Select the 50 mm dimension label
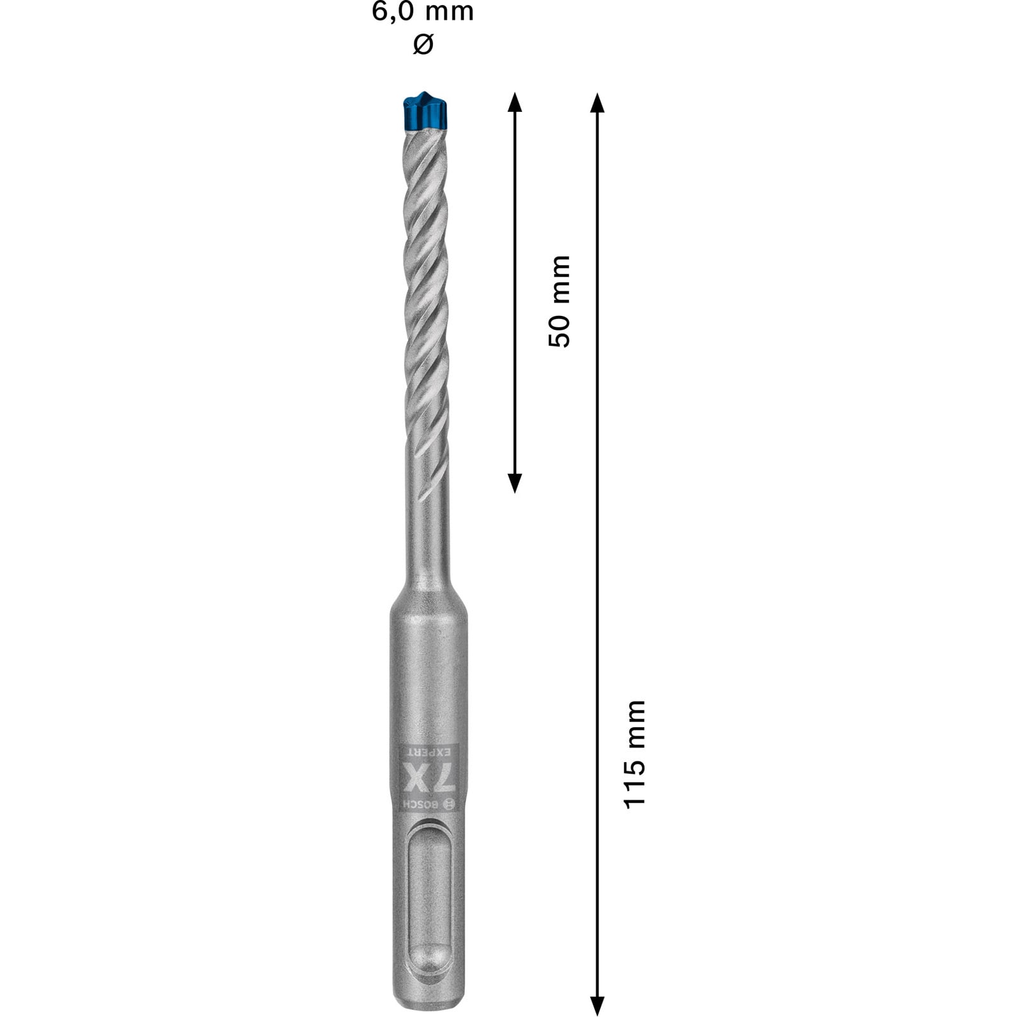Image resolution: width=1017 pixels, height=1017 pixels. [x=559, y=301]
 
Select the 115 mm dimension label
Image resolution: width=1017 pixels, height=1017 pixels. [x=635, y=754]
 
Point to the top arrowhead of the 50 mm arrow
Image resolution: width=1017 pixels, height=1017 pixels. [x=515, y=102]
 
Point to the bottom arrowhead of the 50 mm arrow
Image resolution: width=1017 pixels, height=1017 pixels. [x=515, y=482]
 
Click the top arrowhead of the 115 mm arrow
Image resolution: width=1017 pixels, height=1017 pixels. [x=596, y=102]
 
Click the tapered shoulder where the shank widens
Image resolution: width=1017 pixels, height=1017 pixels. [x=427, y=591]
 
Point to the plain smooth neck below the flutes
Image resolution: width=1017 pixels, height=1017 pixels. [x=427, y=528]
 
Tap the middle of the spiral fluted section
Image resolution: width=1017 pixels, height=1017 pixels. [x=426, y=286]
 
